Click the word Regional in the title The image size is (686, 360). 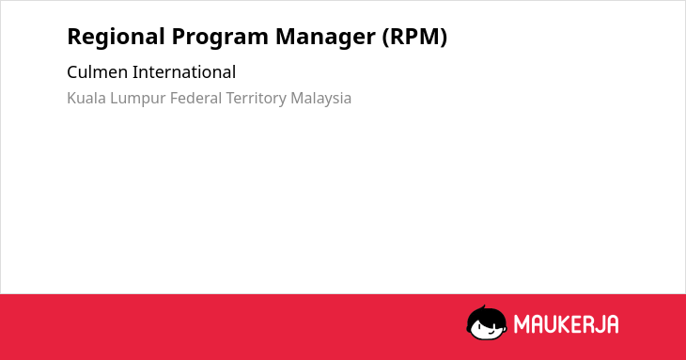tap(116, 38)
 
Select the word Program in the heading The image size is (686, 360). tap(220, 38)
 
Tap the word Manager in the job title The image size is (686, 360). tap(325, 38)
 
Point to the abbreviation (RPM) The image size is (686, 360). tap(414, 37)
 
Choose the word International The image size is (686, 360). tap(184, 72)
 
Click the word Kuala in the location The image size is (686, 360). tap(86, 98)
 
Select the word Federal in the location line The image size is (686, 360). tap(195, 98)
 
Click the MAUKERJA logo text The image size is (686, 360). tap(566, 324)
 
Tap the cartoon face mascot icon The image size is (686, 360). tap(487, 322)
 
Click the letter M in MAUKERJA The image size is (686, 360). tap(522, 324)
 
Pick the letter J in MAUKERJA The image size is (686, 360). tap(599, 324)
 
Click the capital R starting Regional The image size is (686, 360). tap(74, 37)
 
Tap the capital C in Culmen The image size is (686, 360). tap(72, 72)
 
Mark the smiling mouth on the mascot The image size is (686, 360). tap(491, 334)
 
